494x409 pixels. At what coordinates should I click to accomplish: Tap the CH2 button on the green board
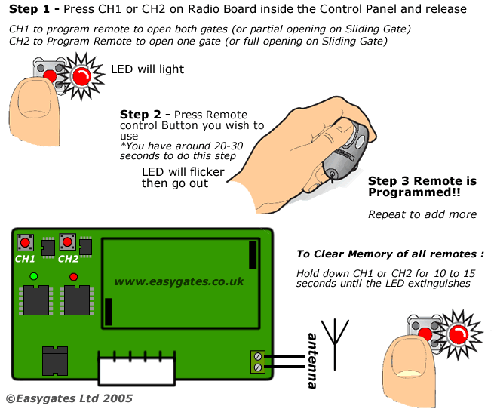pos(67,242)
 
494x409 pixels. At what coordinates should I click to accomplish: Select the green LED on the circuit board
pos(33,277)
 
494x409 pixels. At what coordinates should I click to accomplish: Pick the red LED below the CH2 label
pos(73,277)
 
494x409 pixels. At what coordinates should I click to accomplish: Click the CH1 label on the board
pos(26,259)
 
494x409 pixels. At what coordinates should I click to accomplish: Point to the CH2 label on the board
pos(68,259)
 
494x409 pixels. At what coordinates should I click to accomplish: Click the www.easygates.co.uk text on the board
pos(179,281)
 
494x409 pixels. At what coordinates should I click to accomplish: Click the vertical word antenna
pos(311,361)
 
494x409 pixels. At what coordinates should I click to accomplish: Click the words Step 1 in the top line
pos(33,9)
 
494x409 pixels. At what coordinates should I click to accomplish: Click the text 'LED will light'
pos(147,69)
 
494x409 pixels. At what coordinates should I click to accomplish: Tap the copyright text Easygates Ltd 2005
pos(69,398)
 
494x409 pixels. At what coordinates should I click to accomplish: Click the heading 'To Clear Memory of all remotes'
pos(389,254)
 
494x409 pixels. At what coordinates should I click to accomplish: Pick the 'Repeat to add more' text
pos(422,214)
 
